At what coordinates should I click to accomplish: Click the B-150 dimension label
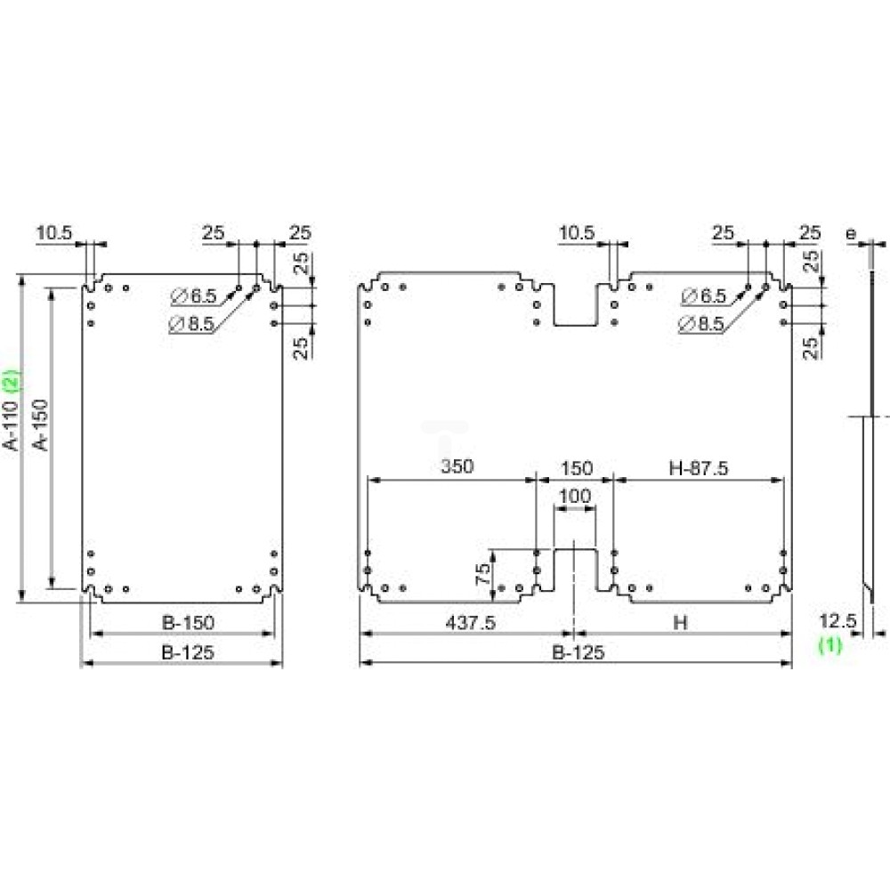[x=188, y=622]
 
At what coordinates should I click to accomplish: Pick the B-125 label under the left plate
[x=188, y=652]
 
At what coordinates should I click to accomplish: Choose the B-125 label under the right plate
[x=577, y=652]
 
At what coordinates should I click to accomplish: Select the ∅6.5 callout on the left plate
[x=190, y=295]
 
